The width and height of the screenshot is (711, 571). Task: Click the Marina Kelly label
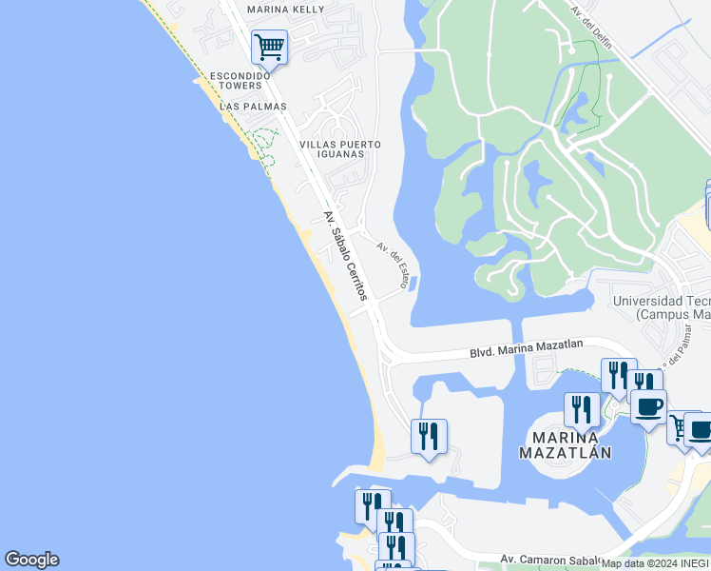tap(285, 10)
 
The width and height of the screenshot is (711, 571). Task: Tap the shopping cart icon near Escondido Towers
tap(270, 46)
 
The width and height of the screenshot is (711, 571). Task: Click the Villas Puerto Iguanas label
tap(340, 149)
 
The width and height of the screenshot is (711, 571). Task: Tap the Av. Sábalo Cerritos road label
tap(344, 257)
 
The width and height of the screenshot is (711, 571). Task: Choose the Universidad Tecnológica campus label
tap(662, 306)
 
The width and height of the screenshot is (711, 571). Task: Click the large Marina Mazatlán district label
tap(565, 444)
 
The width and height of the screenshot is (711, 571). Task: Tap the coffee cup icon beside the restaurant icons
tap(648, 407)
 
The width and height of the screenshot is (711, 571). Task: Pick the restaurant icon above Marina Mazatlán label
tap(582, 410)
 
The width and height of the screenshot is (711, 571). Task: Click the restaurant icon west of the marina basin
tap(429, 436)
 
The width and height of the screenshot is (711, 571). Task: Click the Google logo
tap(31, 560)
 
